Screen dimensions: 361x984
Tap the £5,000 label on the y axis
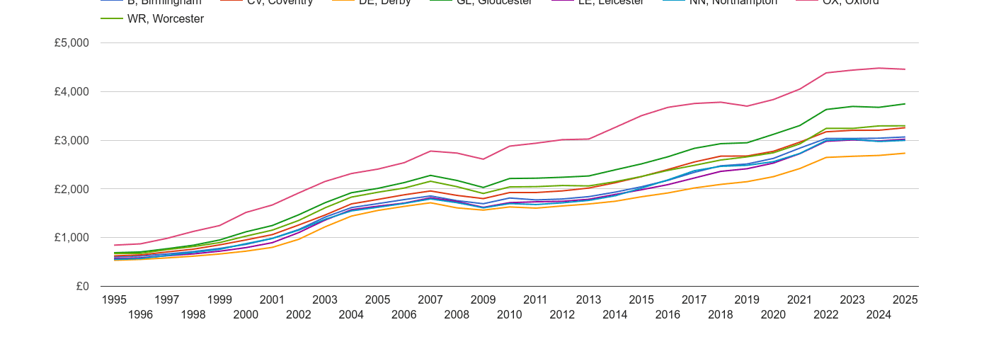point(71,42)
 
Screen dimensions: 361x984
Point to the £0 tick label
point(82,286)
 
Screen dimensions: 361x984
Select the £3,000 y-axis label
point(71,140)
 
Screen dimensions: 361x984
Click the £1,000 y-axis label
point(71,238)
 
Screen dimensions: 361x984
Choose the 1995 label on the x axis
point(114,299)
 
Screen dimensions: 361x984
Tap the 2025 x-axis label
point(905,299)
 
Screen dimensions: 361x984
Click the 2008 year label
point(457,314)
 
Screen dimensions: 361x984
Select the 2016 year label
point(668,314)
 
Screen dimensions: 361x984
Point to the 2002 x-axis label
point(299,314)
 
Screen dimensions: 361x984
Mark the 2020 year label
point(773,314)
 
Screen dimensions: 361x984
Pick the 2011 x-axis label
point(536,299)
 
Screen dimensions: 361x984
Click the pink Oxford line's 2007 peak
point(430,151)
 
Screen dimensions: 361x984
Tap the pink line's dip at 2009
point(483,159)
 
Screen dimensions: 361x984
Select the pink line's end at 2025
point(905,69)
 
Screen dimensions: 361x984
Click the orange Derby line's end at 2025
point(905,153)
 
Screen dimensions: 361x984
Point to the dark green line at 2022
point(825,110)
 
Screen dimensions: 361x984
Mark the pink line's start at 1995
point(114,245)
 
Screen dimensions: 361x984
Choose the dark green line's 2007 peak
point(430,176)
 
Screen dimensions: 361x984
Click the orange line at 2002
point(299,239)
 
